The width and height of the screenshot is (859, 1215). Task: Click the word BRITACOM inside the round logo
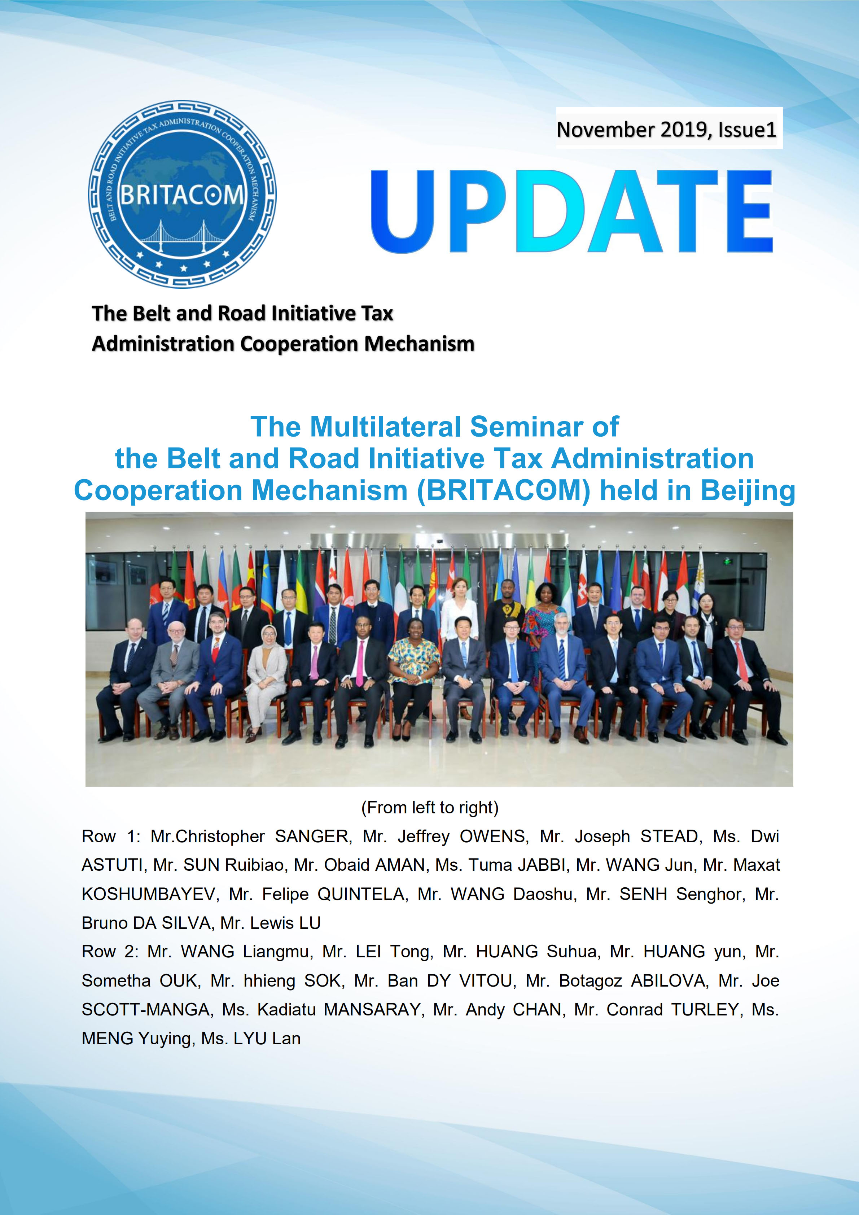[x=182, y=195]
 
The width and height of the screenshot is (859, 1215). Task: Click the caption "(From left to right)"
[x=429, y=808]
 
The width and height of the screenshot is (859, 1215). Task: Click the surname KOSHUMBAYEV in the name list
[x=149, y=894]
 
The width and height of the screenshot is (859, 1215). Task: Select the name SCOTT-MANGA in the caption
[x=146, y=1009]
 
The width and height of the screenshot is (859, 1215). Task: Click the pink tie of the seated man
[x=360, y=664]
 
